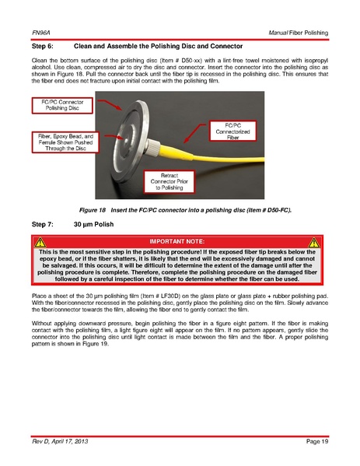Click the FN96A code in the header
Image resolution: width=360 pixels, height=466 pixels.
(x=40, y=33)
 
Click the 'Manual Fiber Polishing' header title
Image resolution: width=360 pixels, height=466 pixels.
(x=299, y=33)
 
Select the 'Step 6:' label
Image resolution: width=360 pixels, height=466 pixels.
(x=43, y=46)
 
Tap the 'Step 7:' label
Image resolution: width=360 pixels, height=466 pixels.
(x=43, y=224)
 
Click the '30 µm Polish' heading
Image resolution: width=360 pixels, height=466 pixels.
(x=93, y=224)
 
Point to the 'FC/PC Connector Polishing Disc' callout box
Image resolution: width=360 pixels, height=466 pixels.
(x=62, y=105)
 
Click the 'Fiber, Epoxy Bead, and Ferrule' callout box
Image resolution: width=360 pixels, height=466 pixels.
(x=65, y=142)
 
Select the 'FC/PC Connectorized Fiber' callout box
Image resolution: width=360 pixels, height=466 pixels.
(x=232, y=131)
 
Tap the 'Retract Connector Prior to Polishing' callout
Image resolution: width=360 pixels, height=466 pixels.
(x=169, y=181)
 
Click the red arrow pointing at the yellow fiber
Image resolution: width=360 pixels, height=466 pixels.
(x=194, y=133)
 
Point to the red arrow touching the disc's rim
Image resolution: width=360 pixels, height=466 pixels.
(x=110, y=104)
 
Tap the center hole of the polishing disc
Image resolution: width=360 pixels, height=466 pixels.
(x=126, y=138)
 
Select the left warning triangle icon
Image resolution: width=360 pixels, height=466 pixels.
(x=40, y=243)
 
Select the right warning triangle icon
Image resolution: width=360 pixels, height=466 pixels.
(x=314, y=243)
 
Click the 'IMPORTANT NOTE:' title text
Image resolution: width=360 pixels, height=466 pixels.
(x=177, y=242)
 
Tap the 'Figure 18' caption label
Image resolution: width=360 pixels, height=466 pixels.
(x=93, y=210)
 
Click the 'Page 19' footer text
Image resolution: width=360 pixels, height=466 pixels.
(x=317, y=441)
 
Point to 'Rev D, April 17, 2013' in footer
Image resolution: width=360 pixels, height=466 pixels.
(x=60, y=441)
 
